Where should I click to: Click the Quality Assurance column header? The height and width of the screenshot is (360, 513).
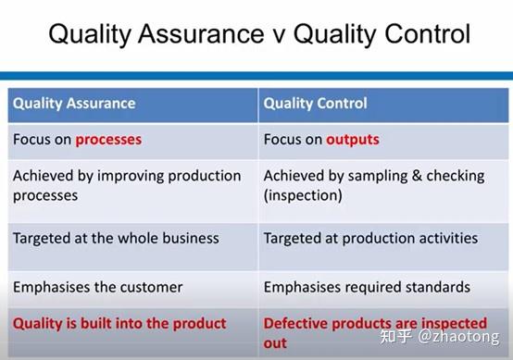(74, 104)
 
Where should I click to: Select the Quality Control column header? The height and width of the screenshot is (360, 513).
(315, 104)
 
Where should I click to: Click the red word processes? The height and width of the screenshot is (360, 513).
(108, 140)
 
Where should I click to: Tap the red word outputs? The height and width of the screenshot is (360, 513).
(352, 140)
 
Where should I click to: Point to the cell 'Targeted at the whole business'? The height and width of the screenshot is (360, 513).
(116, 238)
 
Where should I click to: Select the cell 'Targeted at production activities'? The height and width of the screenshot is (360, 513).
(370, 238)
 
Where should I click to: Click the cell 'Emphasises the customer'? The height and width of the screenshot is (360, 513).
(97, 287)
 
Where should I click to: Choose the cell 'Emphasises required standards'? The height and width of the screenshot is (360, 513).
(367, 287)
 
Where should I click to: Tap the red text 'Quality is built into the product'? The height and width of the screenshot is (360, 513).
(119, 323)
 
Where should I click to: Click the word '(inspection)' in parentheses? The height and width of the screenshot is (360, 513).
(304, 195)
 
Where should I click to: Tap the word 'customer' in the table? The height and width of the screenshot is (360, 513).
(150, 287)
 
